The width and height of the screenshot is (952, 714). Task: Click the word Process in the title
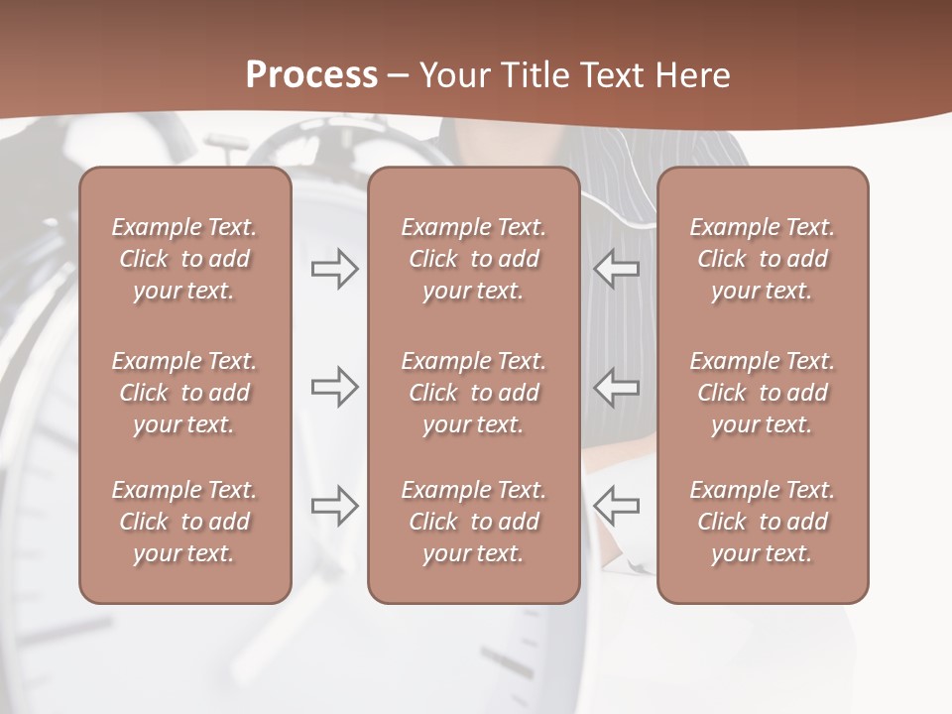click(311, 75)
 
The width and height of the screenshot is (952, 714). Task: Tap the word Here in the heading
click(693, 75)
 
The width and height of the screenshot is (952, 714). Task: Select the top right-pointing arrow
click(334, 269)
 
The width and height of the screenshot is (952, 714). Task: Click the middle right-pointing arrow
click(334, 387)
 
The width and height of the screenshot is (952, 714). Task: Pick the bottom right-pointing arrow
click(334, 506)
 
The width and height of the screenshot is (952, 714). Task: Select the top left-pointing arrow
click(617, 269)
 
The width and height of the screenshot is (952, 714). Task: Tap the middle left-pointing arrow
click(617, 387)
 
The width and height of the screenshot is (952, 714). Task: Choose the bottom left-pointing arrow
click(617, 506)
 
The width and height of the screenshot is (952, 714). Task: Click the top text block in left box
click(184, 259)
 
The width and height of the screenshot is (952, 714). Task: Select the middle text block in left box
click(184, 393)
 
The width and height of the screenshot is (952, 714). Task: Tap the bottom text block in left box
click(184, 522)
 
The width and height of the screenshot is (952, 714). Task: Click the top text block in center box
click(473, 259)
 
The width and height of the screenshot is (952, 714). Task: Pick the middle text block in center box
click(473, 393)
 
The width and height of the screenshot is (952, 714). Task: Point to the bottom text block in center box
click(473, 522)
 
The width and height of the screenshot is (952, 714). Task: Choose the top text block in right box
click(762, 259)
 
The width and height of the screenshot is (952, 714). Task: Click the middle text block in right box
click(762, 393)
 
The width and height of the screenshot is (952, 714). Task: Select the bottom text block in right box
click(762, 522)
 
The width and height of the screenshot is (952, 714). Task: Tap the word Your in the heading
click(456, 75)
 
